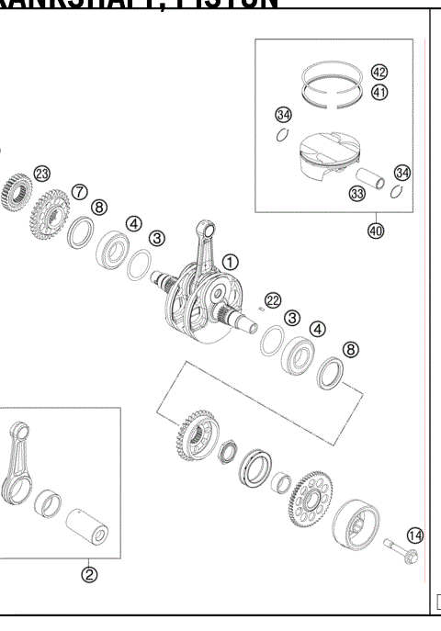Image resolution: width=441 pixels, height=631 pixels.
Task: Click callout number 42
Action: (379, 73)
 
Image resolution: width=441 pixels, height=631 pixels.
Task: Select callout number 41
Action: (379, 92)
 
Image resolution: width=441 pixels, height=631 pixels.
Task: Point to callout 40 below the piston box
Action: (376, 231)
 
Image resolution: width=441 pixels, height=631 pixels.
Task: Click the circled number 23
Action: (41, 174)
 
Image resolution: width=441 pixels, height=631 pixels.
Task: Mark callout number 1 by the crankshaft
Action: (228, 263)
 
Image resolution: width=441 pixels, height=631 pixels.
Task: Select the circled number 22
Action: (272, 299)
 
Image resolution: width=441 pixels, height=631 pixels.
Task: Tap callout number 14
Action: (414, 534)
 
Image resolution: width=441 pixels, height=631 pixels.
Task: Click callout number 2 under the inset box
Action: (90, 576)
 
